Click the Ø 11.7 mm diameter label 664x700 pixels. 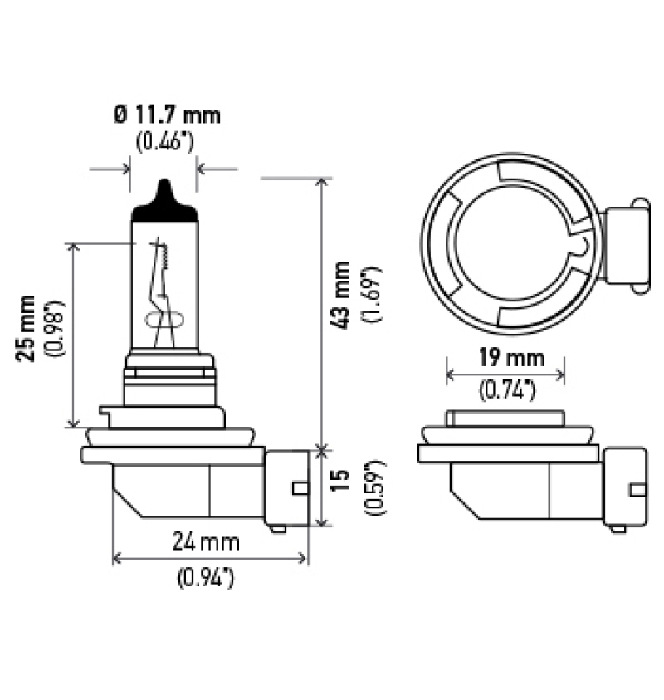click(167, 115)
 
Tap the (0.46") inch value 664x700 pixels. click(164, 140)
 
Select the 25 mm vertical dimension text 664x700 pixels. click(27, 327)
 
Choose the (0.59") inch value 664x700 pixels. click(370, 486)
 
